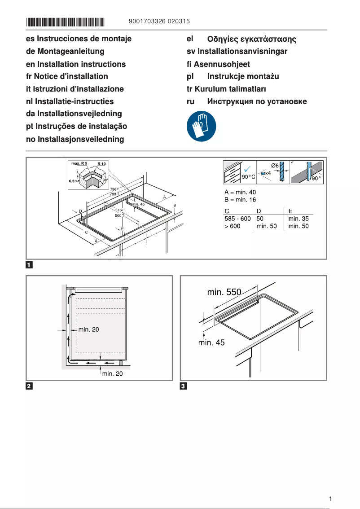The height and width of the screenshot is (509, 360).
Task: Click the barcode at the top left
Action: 65,22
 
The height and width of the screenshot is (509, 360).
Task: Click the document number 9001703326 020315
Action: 159,22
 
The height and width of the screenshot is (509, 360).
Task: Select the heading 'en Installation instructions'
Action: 76,64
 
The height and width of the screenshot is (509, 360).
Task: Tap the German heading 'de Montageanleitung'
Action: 65,52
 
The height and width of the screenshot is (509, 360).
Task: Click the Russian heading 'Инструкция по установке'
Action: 257,101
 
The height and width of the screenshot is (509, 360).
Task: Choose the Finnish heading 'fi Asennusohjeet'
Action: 218,64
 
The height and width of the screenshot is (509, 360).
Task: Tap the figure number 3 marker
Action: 183,386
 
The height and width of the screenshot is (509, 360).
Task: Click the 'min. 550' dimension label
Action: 224,293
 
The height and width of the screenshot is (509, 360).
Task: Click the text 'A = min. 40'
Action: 240,192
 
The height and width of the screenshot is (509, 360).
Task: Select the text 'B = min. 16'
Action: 240,200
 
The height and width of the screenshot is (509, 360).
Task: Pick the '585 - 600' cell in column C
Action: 237,219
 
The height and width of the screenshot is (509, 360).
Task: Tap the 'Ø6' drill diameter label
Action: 275,166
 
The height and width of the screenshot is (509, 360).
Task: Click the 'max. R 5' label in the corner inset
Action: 79,163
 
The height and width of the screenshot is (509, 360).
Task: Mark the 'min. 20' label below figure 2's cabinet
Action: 113,373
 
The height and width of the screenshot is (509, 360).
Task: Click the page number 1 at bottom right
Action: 330,499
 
